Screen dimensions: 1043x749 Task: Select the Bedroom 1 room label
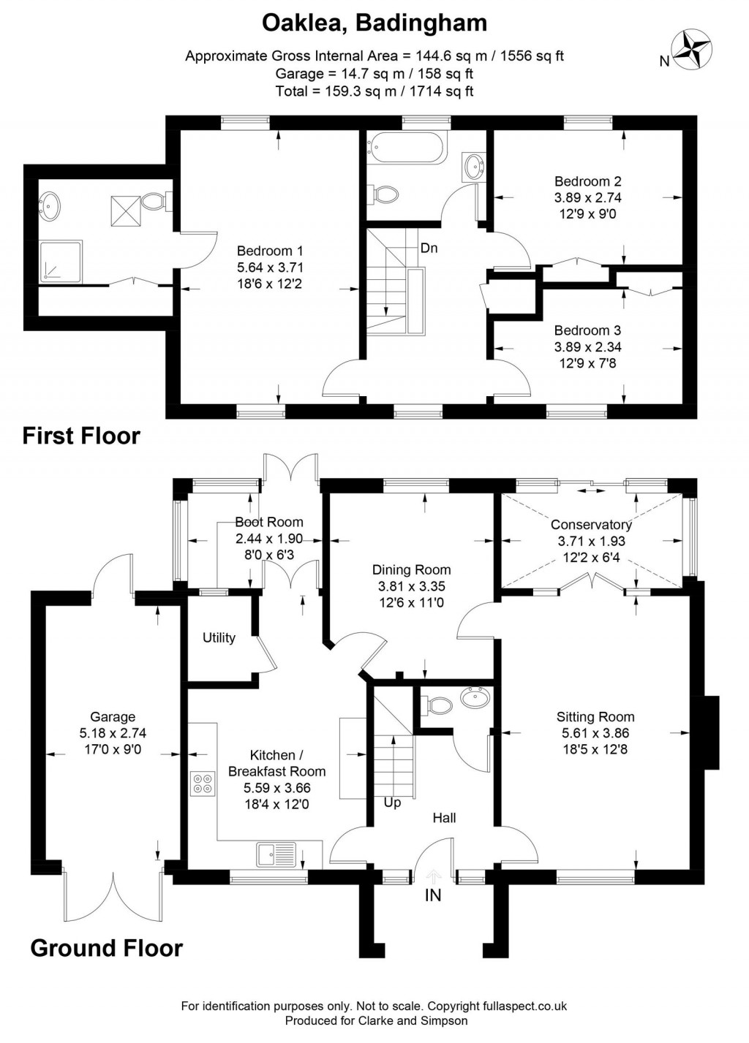270,251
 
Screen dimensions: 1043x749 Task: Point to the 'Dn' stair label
429,248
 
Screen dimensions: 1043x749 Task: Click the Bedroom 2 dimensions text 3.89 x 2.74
588,197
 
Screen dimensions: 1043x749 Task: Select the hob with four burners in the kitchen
202,783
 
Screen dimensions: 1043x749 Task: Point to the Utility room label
219,637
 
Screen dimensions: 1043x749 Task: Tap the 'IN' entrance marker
433,894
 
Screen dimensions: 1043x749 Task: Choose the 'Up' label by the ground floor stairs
393,803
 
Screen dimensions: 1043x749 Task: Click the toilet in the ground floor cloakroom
437,705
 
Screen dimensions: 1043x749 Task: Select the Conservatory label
591,525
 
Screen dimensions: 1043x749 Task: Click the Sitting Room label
595,716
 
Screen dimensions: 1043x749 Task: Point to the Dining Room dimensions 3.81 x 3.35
411,586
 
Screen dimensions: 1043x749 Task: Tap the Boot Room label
269,522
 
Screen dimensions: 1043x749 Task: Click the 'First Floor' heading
81,436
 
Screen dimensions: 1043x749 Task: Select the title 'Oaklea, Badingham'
374,23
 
